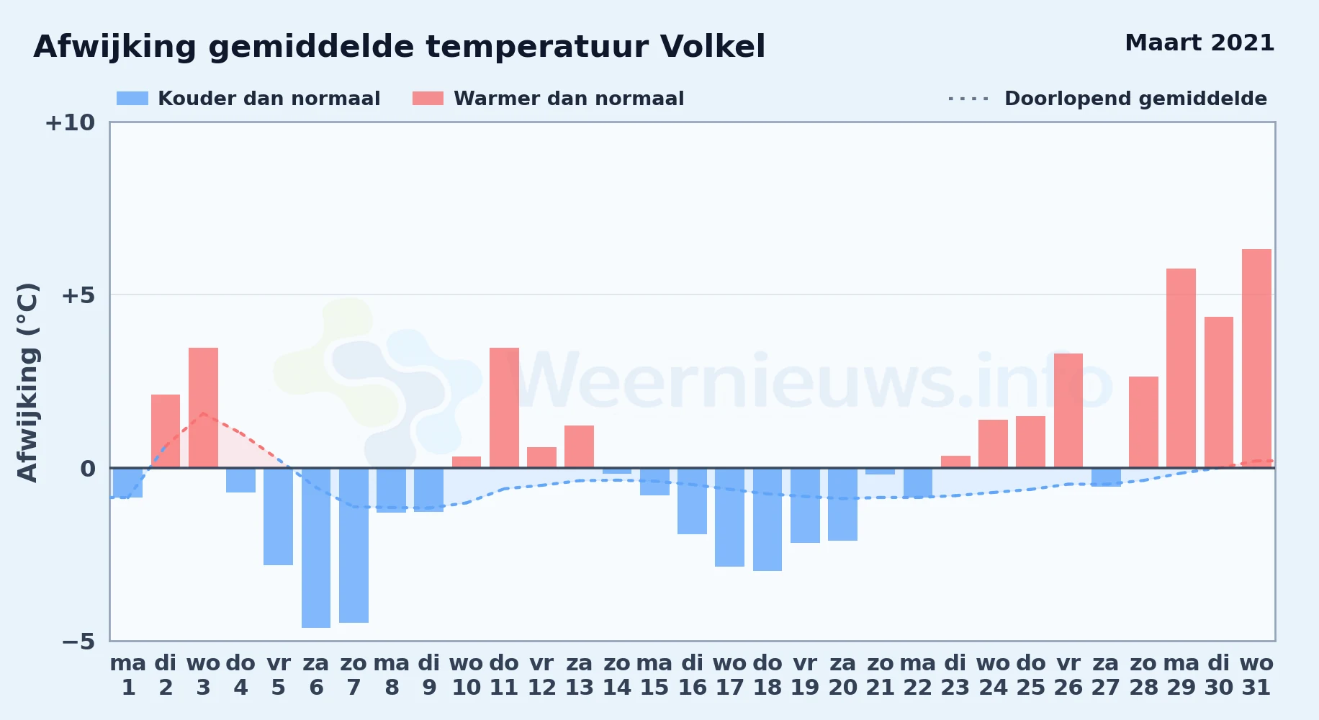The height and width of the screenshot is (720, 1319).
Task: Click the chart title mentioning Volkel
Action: point(400,48)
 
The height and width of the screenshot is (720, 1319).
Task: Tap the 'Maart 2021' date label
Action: point(1199,43)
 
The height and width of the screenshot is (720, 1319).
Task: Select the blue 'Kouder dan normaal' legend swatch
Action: point(132,99)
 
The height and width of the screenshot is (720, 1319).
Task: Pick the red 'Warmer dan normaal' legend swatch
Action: point(428,99)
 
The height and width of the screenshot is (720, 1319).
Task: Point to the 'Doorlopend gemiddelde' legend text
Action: point(1135,99)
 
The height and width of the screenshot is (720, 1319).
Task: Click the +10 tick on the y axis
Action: point(70,123)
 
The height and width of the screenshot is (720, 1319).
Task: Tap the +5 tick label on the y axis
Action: point(78,295)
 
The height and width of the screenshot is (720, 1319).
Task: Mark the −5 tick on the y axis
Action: point(78,642)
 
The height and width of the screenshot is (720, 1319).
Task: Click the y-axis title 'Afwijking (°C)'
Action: point(27,382)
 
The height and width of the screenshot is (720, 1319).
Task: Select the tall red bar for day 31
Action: point(1256,359)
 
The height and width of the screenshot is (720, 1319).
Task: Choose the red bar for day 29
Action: point(1181,368)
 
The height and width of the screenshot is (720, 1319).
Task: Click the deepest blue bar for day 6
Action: point(316,548)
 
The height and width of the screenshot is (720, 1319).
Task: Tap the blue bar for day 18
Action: point(767,519)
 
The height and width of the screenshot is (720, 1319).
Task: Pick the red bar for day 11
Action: point(504,408)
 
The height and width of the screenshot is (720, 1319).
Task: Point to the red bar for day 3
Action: point(203,408)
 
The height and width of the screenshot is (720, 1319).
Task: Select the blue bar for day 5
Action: point(278,516)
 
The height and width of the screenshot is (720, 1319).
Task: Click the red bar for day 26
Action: point(1068,410)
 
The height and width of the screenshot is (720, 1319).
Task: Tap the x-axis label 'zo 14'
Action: point(617,675)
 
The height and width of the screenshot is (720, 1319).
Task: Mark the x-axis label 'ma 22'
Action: point(918,675)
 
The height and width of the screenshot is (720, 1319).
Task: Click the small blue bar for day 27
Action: point(1106,477)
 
